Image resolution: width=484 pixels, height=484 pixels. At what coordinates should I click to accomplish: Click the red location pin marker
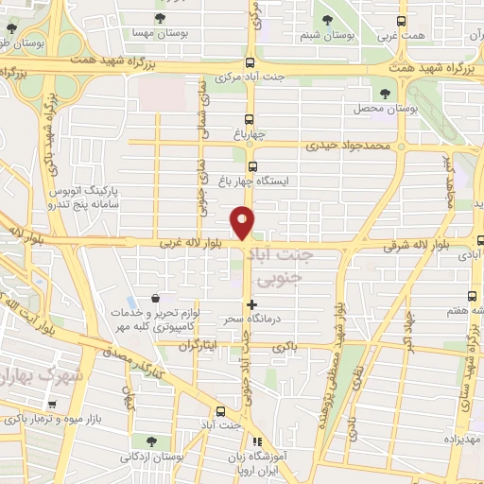243,221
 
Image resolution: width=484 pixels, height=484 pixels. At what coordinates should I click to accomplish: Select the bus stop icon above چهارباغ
250,119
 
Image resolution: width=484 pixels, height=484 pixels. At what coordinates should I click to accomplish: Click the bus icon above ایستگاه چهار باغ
251,166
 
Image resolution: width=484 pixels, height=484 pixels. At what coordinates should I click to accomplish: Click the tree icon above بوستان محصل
384,93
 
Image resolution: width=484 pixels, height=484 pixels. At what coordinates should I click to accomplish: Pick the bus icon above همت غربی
402,20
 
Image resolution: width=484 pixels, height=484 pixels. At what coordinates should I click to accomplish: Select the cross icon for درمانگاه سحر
251,304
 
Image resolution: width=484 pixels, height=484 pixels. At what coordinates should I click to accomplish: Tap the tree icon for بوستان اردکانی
152,441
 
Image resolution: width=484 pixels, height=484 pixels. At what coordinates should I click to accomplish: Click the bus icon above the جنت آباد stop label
220,410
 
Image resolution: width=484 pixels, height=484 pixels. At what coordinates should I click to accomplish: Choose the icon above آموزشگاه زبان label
253,441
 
